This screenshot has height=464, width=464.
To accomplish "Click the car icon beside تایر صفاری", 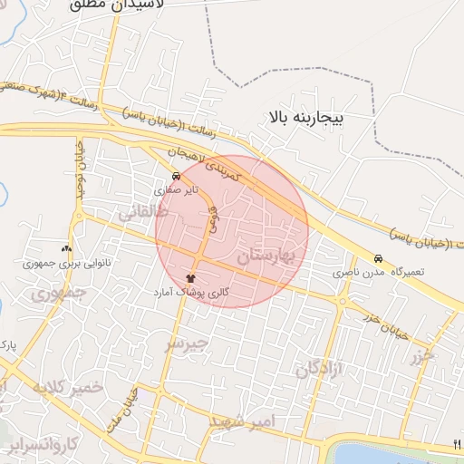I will pyautogui.click(x=175, y=176).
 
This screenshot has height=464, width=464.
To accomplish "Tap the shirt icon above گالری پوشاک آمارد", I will pyautogui.click(x=190, y=277).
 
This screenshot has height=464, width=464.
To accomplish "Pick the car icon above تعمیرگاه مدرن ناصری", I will pyautogui.click(x=378, y=257).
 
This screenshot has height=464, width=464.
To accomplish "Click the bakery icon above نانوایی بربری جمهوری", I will pyautogui.click(x=66, y=248).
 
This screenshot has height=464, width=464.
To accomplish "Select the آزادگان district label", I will pyautogui.click(x=322, y=370).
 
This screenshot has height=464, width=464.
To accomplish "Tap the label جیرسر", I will pyautogui.click(x=186, y=345).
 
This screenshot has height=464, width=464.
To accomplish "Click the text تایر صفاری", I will pyautogui.click(x=174, y=191).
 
